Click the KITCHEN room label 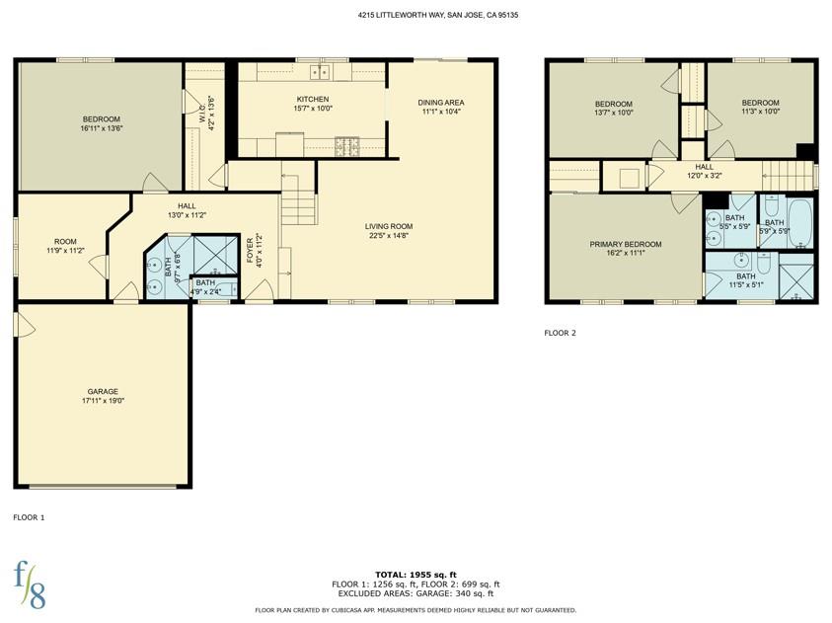313,100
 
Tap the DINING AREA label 441,103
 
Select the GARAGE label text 103,392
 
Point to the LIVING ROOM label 389,226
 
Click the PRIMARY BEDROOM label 626,244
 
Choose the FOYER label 250,250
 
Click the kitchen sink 320,71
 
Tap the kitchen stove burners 347,147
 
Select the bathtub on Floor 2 799,223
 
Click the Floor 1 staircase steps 299,200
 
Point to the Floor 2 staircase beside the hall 787,175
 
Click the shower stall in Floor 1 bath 215,256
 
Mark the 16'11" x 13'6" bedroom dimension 102,128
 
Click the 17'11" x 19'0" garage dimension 103,401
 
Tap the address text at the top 438,16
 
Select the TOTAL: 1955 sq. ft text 416,575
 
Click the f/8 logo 30,584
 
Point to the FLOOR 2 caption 560,334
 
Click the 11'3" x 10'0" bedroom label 760,112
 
